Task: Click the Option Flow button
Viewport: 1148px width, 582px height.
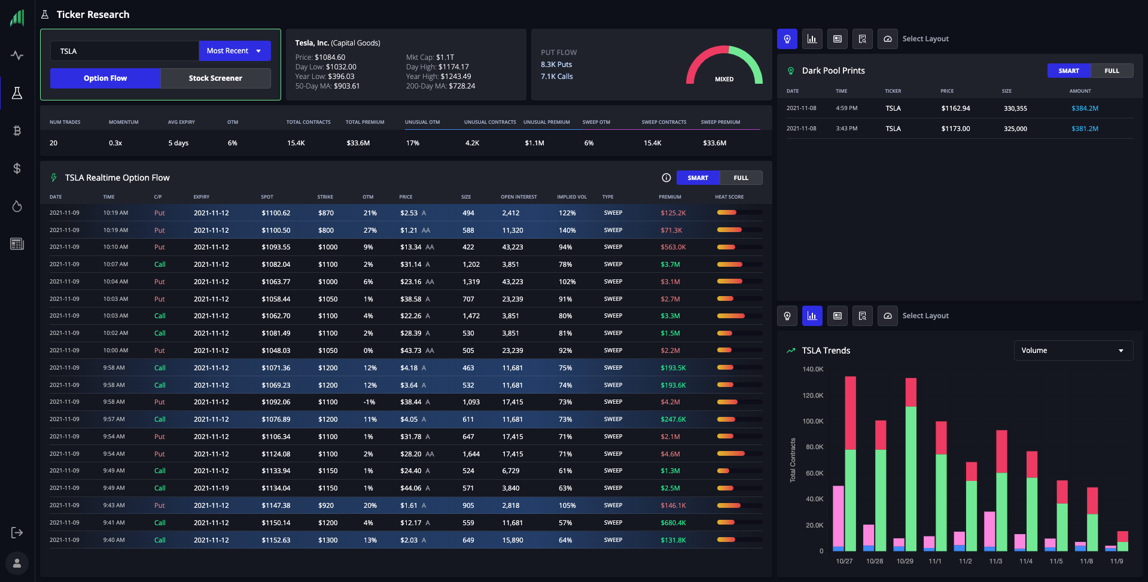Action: [105, 78]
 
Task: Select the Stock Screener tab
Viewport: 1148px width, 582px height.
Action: [215, 78]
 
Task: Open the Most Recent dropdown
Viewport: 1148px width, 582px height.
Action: [235, 51]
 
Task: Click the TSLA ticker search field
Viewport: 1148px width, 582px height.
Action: [124, 51]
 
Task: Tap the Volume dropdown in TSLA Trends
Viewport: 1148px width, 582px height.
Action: [1073, 351]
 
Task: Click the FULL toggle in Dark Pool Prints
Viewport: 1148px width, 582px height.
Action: [1112, 71]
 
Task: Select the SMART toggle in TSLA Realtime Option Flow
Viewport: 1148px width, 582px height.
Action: [698, 178]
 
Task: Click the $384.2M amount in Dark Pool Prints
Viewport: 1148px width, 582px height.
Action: [1085, 108]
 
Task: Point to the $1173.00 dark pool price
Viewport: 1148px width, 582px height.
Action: [955, 129]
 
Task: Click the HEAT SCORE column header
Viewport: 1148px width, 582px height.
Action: [729, 197]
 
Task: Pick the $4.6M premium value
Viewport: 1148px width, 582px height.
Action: [670, 454]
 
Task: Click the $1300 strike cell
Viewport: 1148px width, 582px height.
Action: [328, 540]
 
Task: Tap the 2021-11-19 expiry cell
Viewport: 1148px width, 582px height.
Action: [211, 488]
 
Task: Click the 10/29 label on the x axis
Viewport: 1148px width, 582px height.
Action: [905, 561]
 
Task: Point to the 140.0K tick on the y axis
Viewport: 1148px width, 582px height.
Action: [812, 369]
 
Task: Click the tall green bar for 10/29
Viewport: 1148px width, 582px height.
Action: [911, 479]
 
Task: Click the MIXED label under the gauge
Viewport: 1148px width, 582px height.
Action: [724, 79]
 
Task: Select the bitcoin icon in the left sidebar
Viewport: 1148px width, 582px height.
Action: [17, 130]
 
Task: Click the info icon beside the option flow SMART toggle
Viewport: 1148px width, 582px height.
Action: [666, 178]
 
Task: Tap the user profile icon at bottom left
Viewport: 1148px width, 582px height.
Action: [17, 563]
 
